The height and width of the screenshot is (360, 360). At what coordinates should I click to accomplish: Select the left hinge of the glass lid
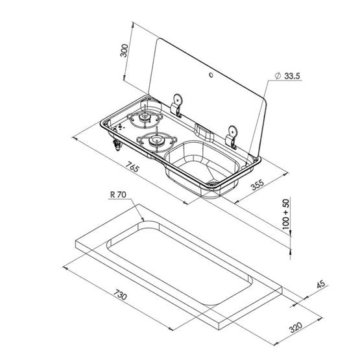pyautogui.click(x=176, y=103)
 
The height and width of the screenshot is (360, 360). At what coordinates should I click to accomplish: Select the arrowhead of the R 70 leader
pyautogui.click(x=143, y=222)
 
